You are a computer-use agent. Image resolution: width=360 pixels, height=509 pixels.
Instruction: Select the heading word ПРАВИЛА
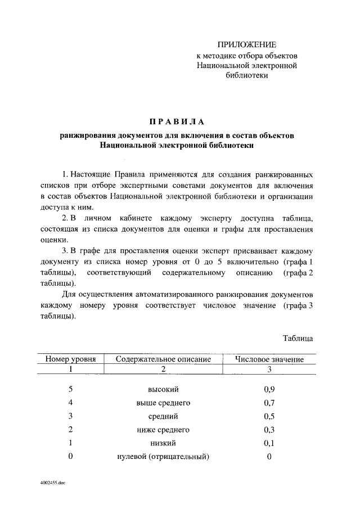(x=177, y=121)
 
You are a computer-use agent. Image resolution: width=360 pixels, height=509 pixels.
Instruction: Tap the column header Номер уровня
(x=71, y=359)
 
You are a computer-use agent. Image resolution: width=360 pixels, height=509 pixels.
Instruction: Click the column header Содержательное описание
(x=163, y=359)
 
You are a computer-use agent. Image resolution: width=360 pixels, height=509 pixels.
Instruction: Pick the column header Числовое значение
(x=269, y=359)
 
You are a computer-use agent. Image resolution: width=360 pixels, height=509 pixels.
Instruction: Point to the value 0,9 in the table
(x=269, y=389)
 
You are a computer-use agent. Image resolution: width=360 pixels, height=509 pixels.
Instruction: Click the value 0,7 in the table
(x=269, y=403)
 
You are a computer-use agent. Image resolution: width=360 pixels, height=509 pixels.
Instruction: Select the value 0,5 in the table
(x=269, y=416)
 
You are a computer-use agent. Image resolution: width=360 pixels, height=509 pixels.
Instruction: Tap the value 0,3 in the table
(x=269, y=430)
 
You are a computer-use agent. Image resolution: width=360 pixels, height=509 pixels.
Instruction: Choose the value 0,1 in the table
(x=269, y=443)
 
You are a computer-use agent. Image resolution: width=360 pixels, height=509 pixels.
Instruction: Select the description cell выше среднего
(x=163, y=403)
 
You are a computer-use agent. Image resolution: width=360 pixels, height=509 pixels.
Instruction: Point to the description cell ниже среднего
(x=163, y=430)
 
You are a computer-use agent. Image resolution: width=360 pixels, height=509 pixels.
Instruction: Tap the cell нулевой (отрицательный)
(x=163, y=457)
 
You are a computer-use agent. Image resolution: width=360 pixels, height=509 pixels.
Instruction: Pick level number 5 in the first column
(x=71, y=389)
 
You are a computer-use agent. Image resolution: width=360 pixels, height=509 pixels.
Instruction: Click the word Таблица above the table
(x=298, y=339)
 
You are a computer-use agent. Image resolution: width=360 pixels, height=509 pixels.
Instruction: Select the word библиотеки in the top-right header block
(x=247, y=76)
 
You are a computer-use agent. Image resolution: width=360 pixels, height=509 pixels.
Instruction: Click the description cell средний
(x=163, y=416)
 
